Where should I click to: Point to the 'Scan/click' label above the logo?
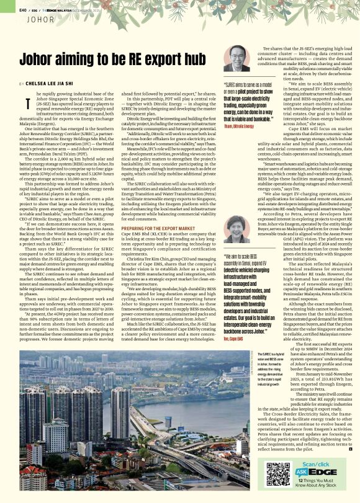[x=316, y=462]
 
